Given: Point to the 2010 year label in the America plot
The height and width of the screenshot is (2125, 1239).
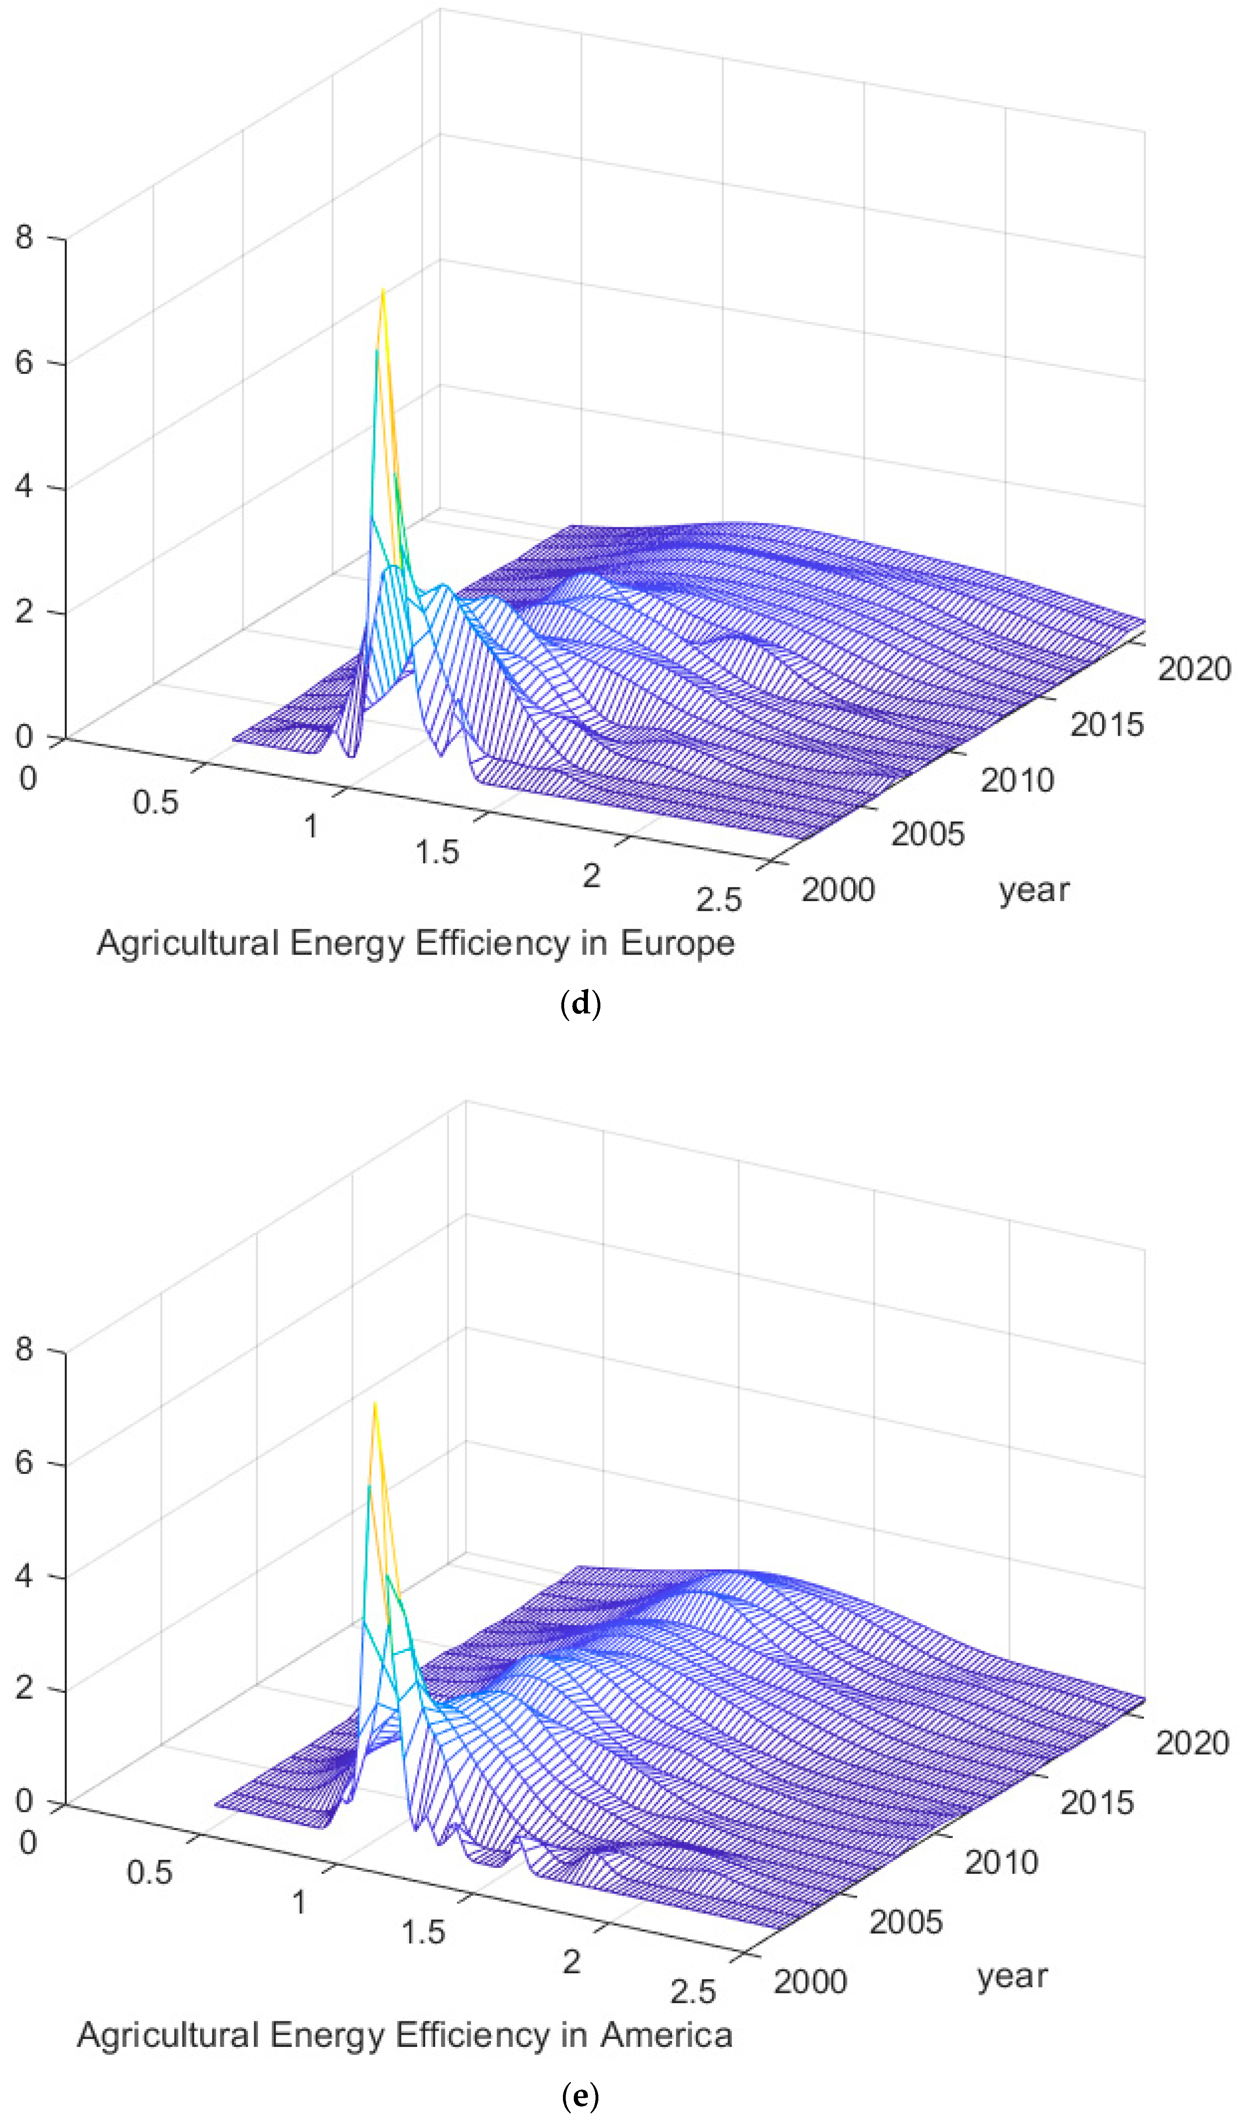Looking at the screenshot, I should tap(1001, 1862).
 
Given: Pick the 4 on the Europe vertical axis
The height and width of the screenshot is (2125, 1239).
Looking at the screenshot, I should tap(24, 487).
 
